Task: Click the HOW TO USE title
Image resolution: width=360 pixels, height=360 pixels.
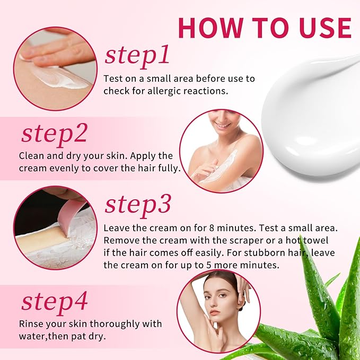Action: [264, 27]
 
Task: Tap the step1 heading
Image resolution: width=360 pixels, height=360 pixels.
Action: [137, 55]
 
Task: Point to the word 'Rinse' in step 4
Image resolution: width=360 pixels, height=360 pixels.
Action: [32, 323]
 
